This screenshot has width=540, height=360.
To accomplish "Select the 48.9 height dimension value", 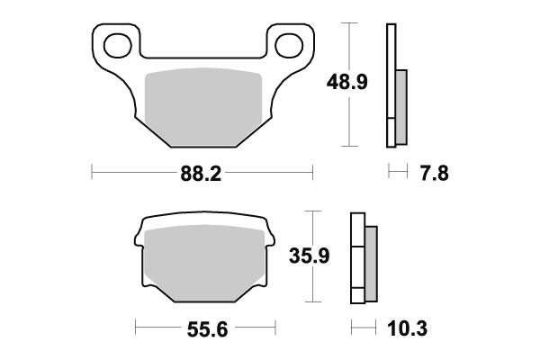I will point(346,84).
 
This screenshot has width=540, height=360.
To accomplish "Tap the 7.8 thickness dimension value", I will point(431,175).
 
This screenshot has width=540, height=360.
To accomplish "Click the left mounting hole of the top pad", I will point(116,42).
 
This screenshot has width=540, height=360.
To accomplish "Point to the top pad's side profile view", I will point(392,85).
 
